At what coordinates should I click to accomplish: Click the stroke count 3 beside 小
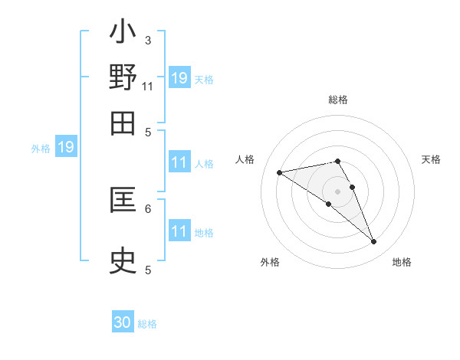point(148,40)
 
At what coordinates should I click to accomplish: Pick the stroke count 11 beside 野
point(148,86)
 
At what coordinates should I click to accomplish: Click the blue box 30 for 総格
point(123,322)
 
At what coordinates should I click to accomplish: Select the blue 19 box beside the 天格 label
point(179,77)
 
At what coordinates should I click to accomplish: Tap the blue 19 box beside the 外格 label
point(66,146)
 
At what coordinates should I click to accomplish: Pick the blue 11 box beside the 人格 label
point(179,162)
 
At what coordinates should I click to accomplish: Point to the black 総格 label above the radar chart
point(338,100)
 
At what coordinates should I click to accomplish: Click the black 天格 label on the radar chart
point(431,159)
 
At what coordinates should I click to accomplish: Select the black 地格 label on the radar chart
point(402,262)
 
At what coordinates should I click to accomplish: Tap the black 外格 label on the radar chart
point(270,262)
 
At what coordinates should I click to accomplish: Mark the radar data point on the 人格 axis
point(280,172)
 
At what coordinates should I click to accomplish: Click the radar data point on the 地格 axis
point(374,242)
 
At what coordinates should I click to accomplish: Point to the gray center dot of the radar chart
point(337,191)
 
